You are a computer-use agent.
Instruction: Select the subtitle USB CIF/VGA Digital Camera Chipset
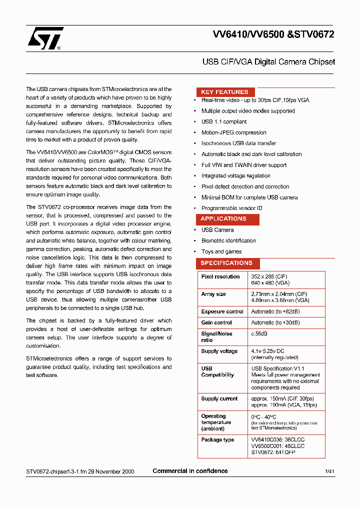268,62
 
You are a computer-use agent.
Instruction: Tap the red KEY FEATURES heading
224,92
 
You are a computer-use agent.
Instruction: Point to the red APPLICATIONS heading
223,219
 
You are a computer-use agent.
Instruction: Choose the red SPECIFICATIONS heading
226,263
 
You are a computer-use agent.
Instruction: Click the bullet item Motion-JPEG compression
233,132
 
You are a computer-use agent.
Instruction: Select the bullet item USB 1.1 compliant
223,121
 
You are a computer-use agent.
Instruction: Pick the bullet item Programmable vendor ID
231,208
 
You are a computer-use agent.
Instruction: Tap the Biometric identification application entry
228,240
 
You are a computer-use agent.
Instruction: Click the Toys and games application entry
221,251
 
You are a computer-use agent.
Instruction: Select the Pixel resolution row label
220,276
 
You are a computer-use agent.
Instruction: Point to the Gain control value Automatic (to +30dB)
275,323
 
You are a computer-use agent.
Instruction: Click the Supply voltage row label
219,351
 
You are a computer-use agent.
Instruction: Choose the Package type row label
217,440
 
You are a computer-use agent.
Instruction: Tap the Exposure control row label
222,311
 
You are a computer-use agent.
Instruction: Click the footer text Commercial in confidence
190,471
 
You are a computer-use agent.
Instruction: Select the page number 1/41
329,471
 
